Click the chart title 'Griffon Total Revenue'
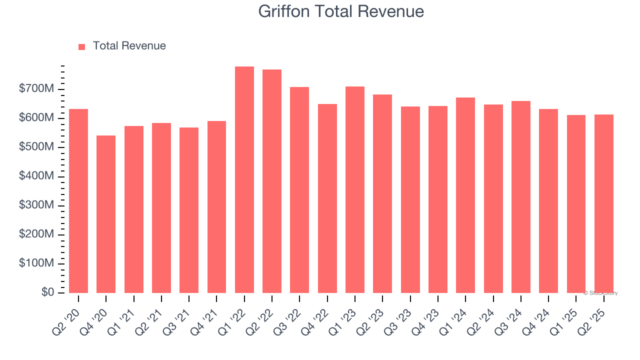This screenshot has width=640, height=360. pos(341,11)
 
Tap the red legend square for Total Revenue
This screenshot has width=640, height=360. pos(82,46)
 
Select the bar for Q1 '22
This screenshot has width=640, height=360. pos(244,179)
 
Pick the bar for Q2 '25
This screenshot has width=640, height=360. pos(604,203)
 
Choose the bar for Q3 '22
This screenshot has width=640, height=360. pos(299,190)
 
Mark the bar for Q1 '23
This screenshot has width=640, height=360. pos(355,189)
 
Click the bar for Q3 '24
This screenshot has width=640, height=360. pos(521,197)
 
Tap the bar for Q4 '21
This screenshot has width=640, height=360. pos(216,207)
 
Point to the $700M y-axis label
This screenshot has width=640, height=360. pos(36,89)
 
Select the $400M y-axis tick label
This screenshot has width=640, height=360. pos(36,176)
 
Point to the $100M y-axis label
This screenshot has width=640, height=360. pos(36,263)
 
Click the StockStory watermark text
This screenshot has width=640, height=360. pos(600,293)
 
